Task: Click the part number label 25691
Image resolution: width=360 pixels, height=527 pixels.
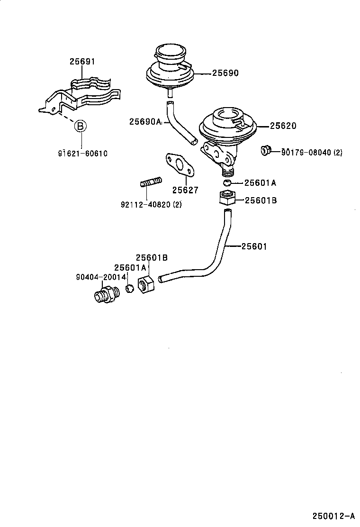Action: (82, 62)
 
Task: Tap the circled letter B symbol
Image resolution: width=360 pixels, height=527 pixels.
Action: (81, 126)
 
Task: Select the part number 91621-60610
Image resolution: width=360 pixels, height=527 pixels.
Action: (83, 154)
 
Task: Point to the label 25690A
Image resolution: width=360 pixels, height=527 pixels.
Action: (144, 122)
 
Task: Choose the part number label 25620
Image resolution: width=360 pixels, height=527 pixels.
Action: (283, 126)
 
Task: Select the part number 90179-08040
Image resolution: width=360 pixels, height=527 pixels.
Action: (311, 153)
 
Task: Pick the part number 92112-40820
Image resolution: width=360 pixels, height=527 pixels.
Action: (151, 205)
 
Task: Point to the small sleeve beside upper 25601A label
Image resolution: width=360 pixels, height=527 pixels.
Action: (227, 183)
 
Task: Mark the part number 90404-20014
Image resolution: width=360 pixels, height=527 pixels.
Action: (100, 277)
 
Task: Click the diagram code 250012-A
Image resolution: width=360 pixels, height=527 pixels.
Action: (333, 516)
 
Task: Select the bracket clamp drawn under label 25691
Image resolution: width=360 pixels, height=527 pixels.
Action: (81, 95)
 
